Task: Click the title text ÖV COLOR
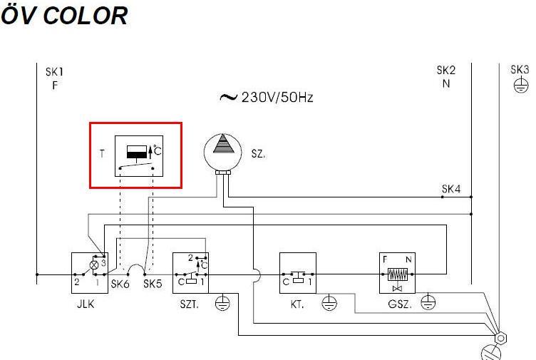tap(64, 15)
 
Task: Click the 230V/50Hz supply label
tap(267, 97)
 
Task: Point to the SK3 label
tap(520, 69)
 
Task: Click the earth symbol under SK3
tap(520, 86)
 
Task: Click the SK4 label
tap(451, 189)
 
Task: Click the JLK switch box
tap(88, 273)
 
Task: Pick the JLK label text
tap(86, 304)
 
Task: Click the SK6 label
tap(120, 284)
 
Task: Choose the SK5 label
tap(153, 284)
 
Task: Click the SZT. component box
tap(190, 273)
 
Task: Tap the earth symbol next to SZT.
tap(222, 303)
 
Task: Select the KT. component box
tap(297, 273)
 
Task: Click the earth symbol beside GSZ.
tap(428, 303)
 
